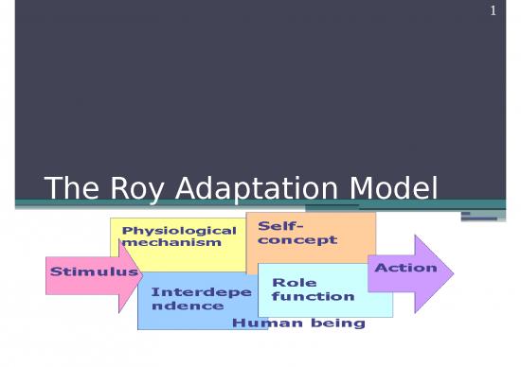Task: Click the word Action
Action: click(x=405, y=268)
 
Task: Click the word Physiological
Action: click(x=179, y=231)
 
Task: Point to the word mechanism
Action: click(x=171, y=242)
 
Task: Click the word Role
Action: click(x=294, y=283)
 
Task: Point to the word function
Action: click(x=313, y=296)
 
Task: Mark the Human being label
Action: click(x=298, y=323)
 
